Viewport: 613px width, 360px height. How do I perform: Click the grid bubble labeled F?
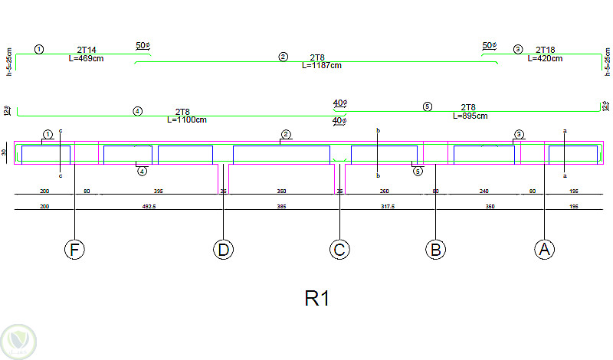coord(74,250)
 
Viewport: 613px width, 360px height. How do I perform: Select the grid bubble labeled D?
coord(223,250)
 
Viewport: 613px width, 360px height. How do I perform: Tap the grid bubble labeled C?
coord(339,250)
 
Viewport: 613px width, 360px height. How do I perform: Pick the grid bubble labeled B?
coord(435,250)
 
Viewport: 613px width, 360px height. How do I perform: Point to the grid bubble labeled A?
coord(544,250)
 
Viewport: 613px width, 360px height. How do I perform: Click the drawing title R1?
coord(316,299)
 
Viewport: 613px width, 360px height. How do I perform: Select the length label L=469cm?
coord(91,59)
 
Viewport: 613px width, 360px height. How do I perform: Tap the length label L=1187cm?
coord(321,65)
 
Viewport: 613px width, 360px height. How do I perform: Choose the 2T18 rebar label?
coord(545,50)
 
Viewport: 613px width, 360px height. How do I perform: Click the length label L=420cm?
coord(545,58)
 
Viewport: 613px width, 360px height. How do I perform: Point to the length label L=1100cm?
coord(186,119)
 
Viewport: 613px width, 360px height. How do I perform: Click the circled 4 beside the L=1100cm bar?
coord(138,111)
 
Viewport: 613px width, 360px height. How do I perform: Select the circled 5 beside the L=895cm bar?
coord(428,106)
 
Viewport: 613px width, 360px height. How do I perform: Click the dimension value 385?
coord(280,206)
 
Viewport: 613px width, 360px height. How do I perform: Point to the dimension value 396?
coord(158,191)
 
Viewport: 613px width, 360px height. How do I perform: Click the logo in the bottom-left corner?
coord(17,340)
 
